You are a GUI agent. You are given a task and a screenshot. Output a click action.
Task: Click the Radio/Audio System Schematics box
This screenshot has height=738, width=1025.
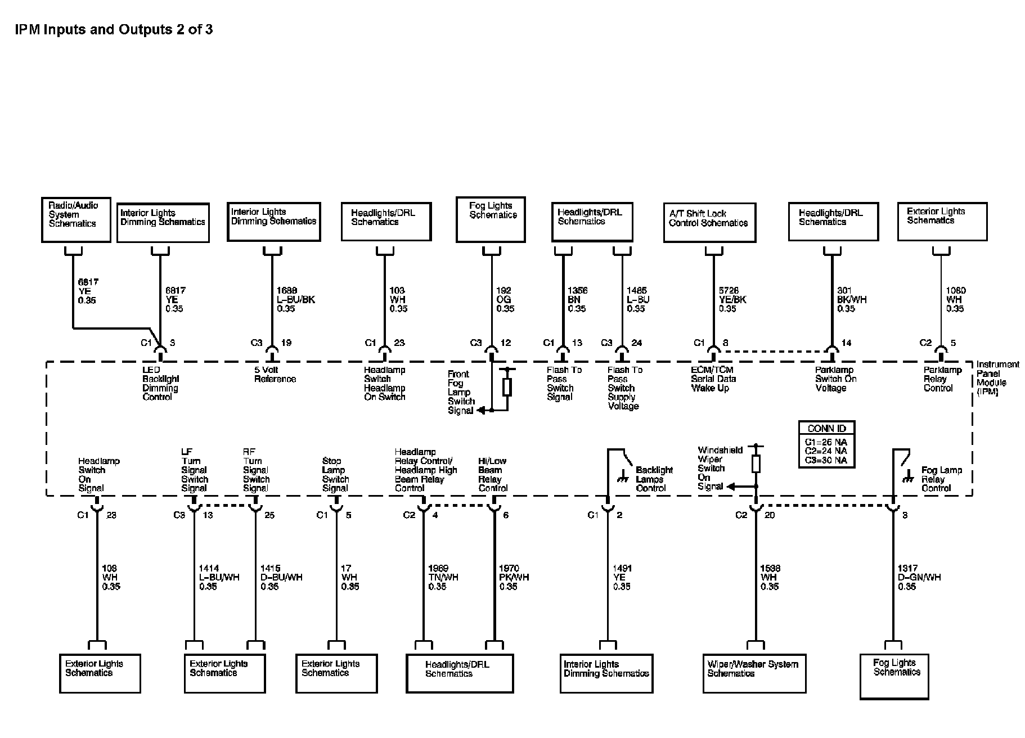(x=76, y=219)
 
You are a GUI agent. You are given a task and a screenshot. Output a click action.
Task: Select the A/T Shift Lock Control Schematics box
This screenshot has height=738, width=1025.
(x=709, y=223)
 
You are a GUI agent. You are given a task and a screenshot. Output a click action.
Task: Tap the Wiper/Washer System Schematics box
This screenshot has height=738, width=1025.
(x=753, y=673)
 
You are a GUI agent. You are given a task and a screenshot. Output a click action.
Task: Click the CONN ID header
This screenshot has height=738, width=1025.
(x=826, y=428)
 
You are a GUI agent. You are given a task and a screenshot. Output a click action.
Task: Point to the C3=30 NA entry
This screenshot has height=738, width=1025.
(x=826, y=460)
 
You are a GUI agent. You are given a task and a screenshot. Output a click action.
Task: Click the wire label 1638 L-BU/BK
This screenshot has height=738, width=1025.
(x=296, y=299)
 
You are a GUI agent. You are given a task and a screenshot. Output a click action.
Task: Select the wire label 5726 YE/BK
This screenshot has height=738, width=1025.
(x=732, y=299)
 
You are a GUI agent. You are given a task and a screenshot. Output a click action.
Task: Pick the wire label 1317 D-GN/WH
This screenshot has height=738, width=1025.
(x=919, y=577)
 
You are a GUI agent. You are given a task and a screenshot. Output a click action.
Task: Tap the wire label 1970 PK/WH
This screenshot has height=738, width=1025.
(x=514, y=577)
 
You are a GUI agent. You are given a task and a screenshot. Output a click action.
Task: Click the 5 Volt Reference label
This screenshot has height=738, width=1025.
(x=275, y=375)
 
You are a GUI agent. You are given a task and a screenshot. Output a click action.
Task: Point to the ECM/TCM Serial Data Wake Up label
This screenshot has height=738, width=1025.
(x=713, y=379)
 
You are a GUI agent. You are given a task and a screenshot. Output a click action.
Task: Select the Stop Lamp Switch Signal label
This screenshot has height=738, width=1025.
(x=335, y=475)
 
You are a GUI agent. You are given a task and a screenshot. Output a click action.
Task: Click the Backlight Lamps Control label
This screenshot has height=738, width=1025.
(x=654, y=479)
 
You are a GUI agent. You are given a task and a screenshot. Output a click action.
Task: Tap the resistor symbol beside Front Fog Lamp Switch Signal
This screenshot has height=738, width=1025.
(x=507, y=387)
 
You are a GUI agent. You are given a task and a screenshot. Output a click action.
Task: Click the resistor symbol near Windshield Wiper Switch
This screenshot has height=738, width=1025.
(x=756, y=463)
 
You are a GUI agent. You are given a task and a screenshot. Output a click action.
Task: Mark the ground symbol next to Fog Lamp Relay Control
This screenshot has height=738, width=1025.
(x=906, y=479)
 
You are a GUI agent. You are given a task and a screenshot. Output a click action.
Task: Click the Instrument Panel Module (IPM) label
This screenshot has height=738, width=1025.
(x=997, y=378)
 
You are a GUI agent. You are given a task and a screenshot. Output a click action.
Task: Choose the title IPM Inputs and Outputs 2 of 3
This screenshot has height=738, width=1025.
(x=114, y=30)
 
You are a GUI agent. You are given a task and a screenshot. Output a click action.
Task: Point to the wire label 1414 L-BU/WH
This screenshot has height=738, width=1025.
(x=219, y=577)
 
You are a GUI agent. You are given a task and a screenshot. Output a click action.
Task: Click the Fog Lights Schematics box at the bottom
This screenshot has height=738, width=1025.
(x=894, y=676)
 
